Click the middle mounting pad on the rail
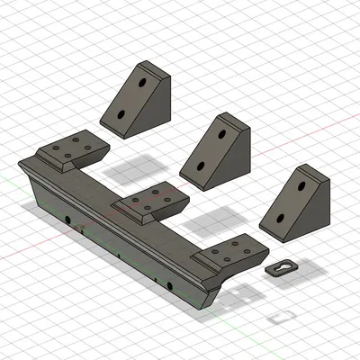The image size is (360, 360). tap(149, 201)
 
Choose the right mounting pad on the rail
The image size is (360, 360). tap(229, 252)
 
